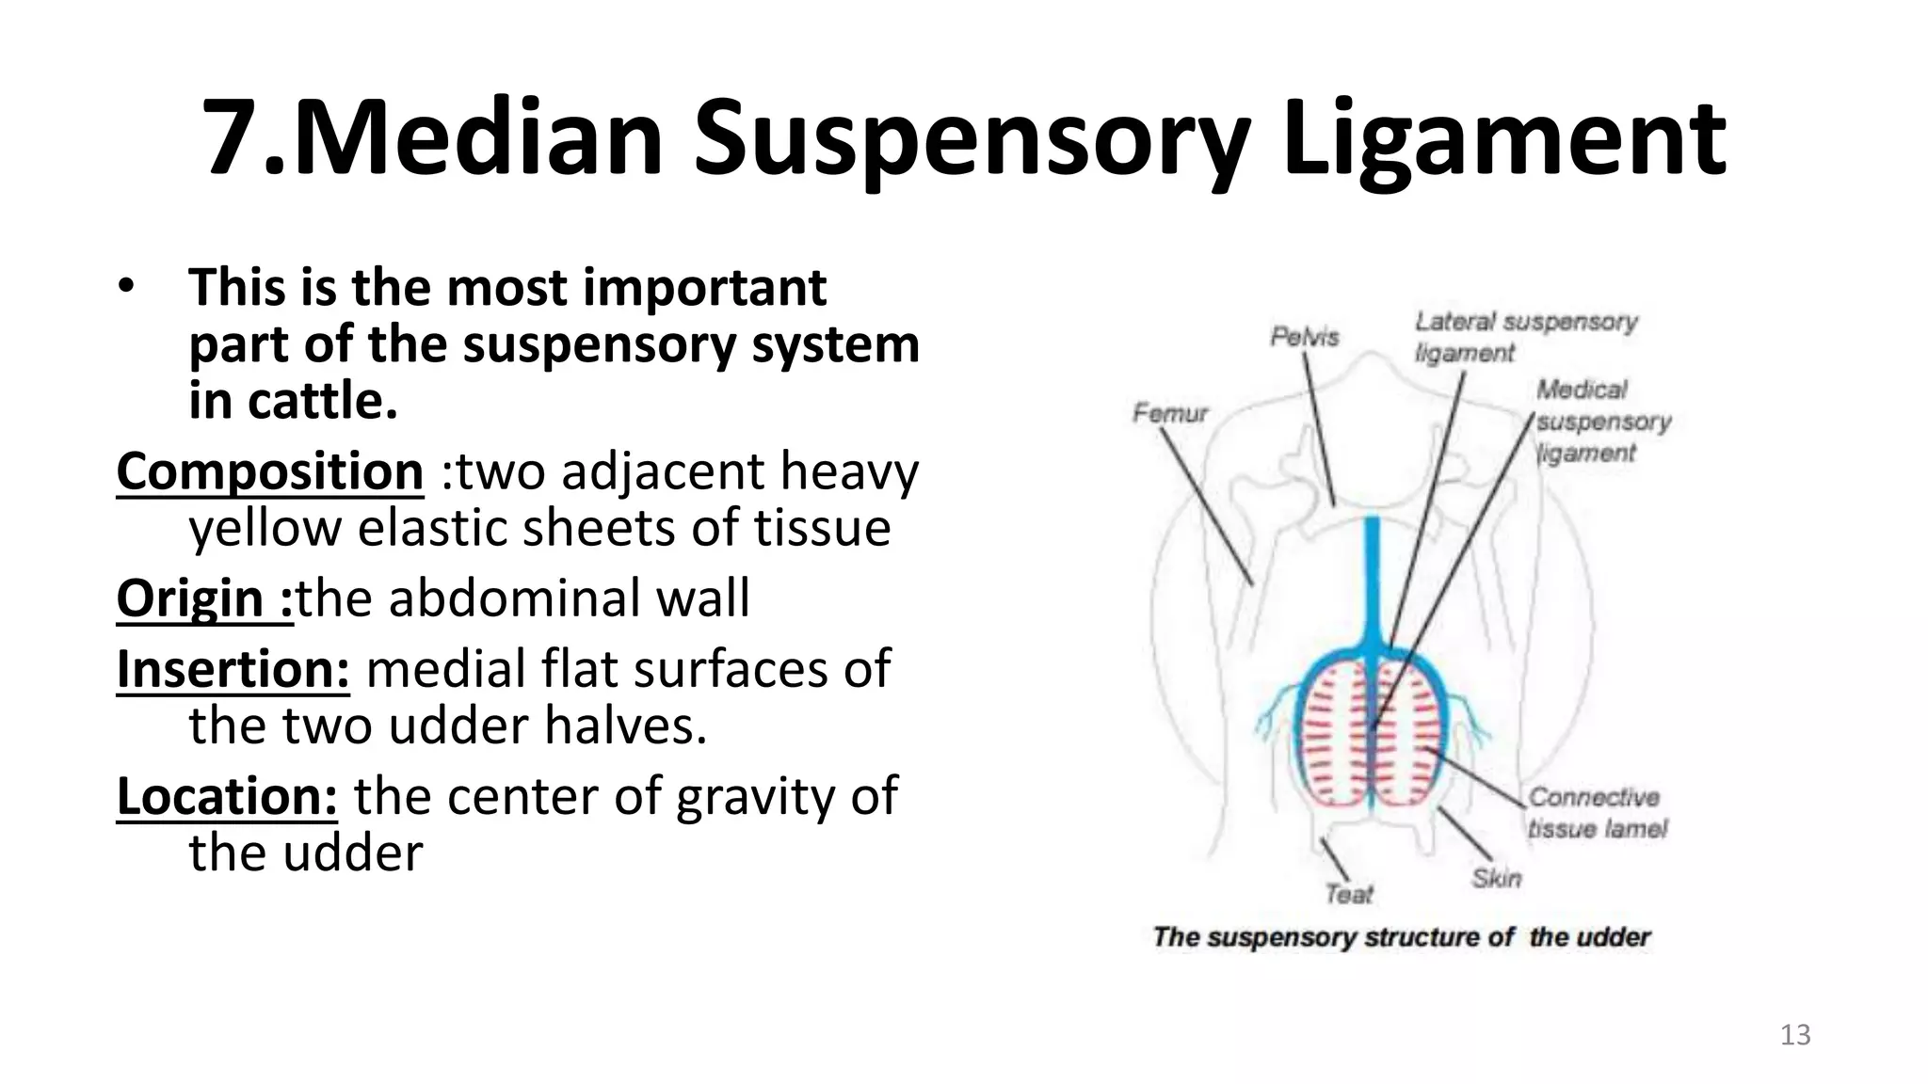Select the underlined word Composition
pyautogui.click(x=270, y=471)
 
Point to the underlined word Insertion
pyautogui.click(x=233, y=669)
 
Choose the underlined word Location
pyautogui.click(x=227, y=796)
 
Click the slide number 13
pyautogui.click(x=1795, y=1035)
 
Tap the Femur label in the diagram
pyautogui.click(x=1169, y=413)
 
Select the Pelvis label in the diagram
pyautogui.click(x=1304, y=337)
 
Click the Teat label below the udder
pyautogui.click(x=1349, y=894)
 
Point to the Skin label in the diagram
pyautogui.click(x=1496, y=878)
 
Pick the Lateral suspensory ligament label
pyautogui.click(x=1525, y=337)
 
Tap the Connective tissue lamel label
pyautogui.click(x=1595, y=813)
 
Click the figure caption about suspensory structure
pyautogui.click(x=1401, y=937)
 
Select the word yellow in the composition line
pyautogui.click(x=265, y=528)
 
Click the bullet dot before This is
pyautogui.click(x=127, y=286)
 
